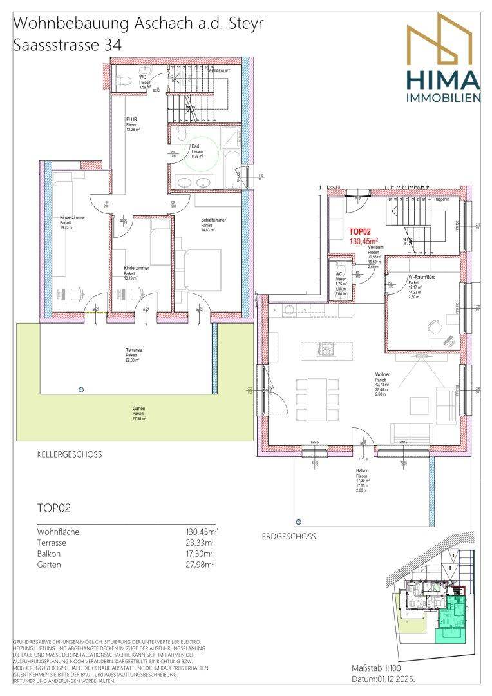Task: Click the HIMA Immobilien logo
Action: pyautogui.click(x=442, y=59)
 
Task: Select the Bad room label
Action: pyautogui.click(x=196, y=147)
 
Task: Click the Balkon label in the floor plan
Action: pyautogui.click(x=363, y=472)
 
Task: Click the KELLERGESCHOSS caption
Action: pyautogui.click(x=70, y=454)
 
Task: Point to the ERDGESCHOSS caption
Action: pyautogui.click(x=289, y=536)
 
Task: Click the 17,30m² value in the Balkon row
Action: pyautogui.click(x=200, y=554)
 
